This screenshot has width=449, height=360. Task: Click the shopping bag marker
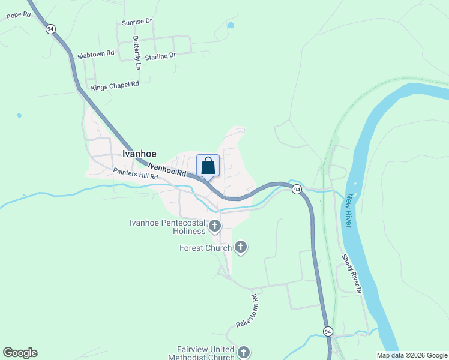208,165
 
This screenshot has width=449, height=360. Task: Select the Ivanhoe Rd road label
167,170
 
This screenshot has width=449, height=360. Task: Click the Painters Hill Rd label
135,174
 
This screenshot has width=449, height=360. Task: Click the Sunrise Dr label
137,22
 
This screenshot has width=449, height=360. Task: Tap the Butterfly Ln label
137,51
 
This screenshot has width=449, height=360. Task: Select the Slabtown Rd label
95,54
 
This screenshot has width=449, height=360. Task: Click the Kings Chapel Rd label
115,85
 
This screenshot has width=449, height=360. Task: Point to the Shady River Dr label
352,274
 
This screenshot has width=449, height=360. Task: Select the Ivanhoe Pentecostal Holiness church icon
215,226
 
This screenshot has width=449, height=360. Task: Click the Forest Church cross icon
241,247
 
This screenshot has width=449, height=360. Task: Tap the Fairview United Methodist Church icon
243,352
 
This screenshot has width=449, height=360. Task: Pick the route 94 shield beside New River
297,190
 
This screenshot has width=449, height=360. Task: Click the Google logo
20,353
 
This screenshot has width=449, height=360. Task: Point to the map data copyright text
412,355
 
